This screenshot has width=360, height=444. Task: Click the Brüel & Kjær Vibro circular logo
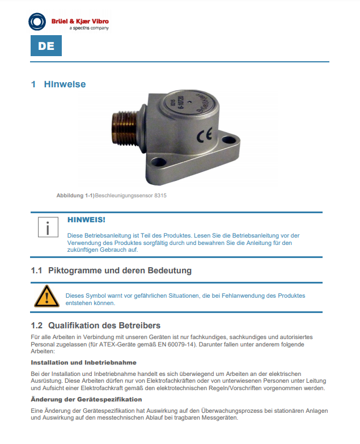[x=37, y=23]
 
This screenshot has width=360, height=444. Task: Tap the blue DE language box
[x=46, y=46]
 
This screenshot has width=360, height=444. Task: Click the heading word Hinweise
[x=65, y=84]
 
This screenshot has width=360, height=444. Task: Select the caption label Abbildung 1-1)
[x=75, y=195]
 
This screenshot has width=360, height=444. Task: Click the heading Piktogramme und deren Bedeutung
[x=120, y=270]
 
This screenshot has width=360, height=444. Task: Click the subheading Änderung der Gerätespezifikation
[x=78, y=400]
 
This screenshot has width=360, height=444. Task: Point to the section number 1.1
[x=37, y=270]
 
